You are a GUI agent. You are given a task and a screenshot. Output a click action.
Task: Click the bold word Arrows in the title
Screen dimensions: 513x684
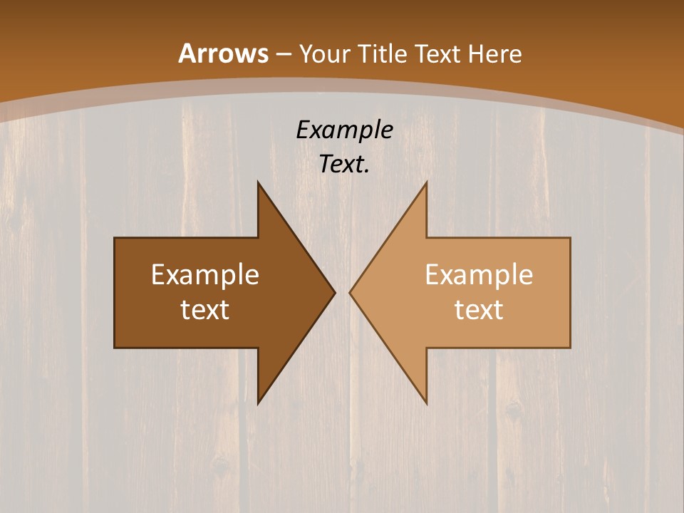click(224, 53)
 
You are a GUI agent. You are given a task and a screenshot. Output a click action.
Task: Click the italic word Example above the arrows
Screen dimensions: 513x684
click(345, 130)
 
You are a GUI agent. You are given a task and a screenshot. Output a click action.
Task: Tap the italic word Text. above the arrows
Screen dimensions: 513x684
click(345, 165)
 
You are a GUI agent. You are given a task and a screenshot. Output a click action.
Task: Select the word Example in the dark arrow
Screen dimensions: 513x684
click(205, 275)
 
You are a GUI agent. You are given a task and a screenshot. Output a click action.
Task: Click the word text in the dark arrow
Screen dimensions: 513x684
click(205, 310)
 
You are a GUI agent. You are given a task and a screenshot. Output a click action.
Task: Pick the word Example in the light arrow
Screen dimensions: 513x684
click(479, 275)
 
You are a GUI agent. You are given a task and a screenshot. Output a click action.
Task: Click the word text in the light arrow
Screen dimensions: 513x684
click(479, 310)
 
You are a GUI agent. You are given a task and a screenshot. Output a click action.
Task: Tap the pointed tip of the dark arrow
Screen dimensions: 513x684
click(334, 292)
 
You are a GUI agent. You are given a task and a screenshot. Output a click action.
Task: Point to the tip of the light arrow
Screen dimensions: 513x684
click(350, 292)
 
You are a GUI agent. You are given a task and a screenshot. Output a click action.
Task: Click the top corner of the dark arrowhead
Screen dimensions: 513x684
click(258, 182)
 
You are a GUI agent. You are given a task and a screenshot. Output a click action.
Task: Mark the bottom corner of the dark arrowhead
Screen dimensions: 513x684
click(258, 403)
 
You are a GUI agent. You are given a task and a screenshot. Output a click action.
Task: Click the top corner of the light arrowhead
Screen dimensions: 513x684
click(426, 182)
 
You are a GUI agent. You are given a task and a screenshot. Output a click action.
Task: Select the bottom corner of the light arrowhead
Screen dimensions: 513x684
click(426, 403)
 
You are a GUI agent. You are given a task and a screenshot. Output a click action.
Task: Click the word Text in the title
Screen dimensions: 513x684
click(438, 53)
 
